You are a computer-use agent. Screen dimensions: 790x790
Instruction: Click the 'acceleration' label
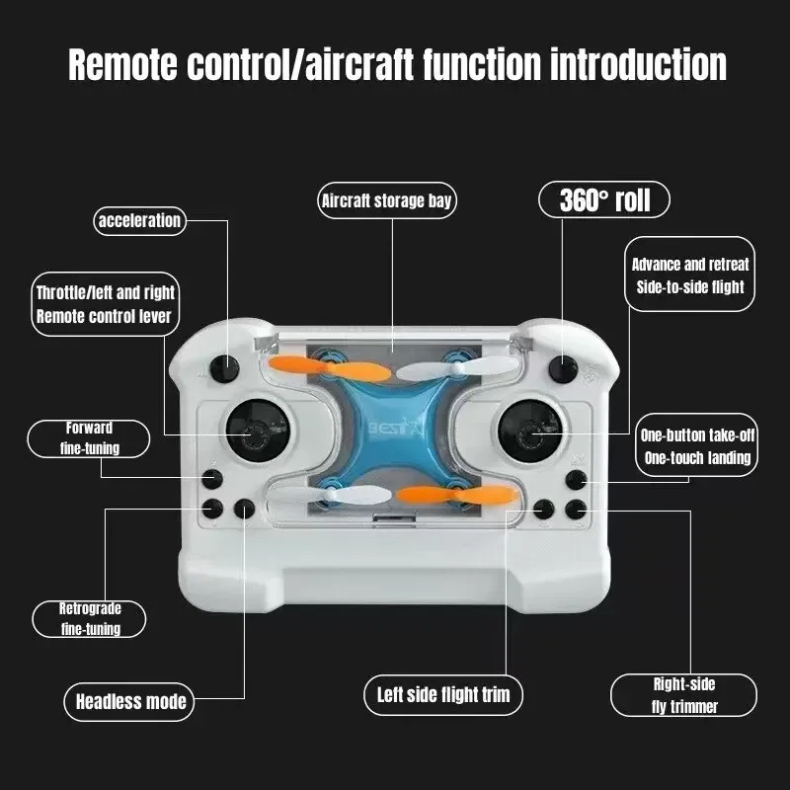[x=139, y=220]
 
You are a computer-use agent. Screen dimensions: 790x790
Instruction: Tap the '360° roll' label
[x=604, y=200]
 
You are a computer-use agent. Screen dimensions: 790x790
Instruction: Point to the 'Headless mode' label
[x=131, y=702]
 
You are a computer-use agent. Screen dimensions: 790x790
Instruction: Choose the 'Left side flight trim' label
[x=443, y=694]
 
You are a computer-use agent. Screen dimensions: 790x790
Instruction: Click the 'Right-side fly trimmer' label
[x=683, y=694]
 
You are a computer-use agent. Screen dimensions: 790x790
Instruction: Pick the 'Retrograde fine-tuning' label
[x=90, y=618]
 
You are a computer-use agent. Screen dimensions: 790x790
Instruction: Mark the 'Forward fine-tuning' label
[x=89, y=438]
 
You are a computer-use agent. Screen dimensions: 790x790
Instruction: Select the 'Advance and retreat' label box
[x=689, y=276]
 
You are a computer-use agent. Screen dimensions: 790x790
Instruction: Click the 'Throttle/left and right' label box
[x=105, y=304]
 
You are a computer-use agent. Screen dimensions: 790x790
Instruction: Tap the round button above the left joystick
[x=228, y=369]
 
